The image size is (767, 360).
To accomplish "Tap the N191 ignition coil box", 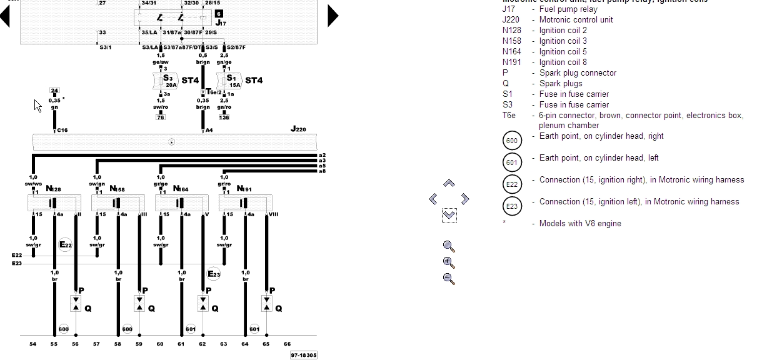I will pos(245,202).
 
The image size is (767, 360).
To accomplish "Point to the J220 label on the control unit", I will pos(298,129).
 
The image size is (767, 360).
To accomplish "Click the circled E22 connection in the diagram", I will pos(66,244).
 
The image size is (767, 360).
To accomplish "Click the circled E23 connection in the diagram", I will pos(214,273).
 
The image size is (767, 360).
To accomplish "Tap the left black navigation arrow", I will pos(6,16).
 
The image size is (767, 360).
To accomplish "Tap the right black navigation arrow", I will pos(333,16).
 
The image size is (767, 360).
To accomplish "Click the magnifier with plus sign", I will pos(448,262).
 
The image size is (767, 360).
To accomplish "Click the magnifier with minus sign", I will pos(448,279).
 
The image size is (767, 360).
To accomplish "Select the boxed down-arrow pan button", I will pos(449,216).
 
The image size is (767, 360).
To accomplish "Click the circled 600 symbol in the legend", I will pos(511,140).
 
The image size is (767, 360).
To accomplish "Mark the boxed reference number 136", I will pos(224,117).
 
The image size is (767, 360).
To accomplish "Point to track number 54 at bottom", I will pos(33,344).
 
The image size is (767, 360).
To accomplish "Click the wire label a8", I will pos(322,171).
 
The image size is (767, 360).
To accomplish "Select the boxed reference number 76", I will pos(161,117).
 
